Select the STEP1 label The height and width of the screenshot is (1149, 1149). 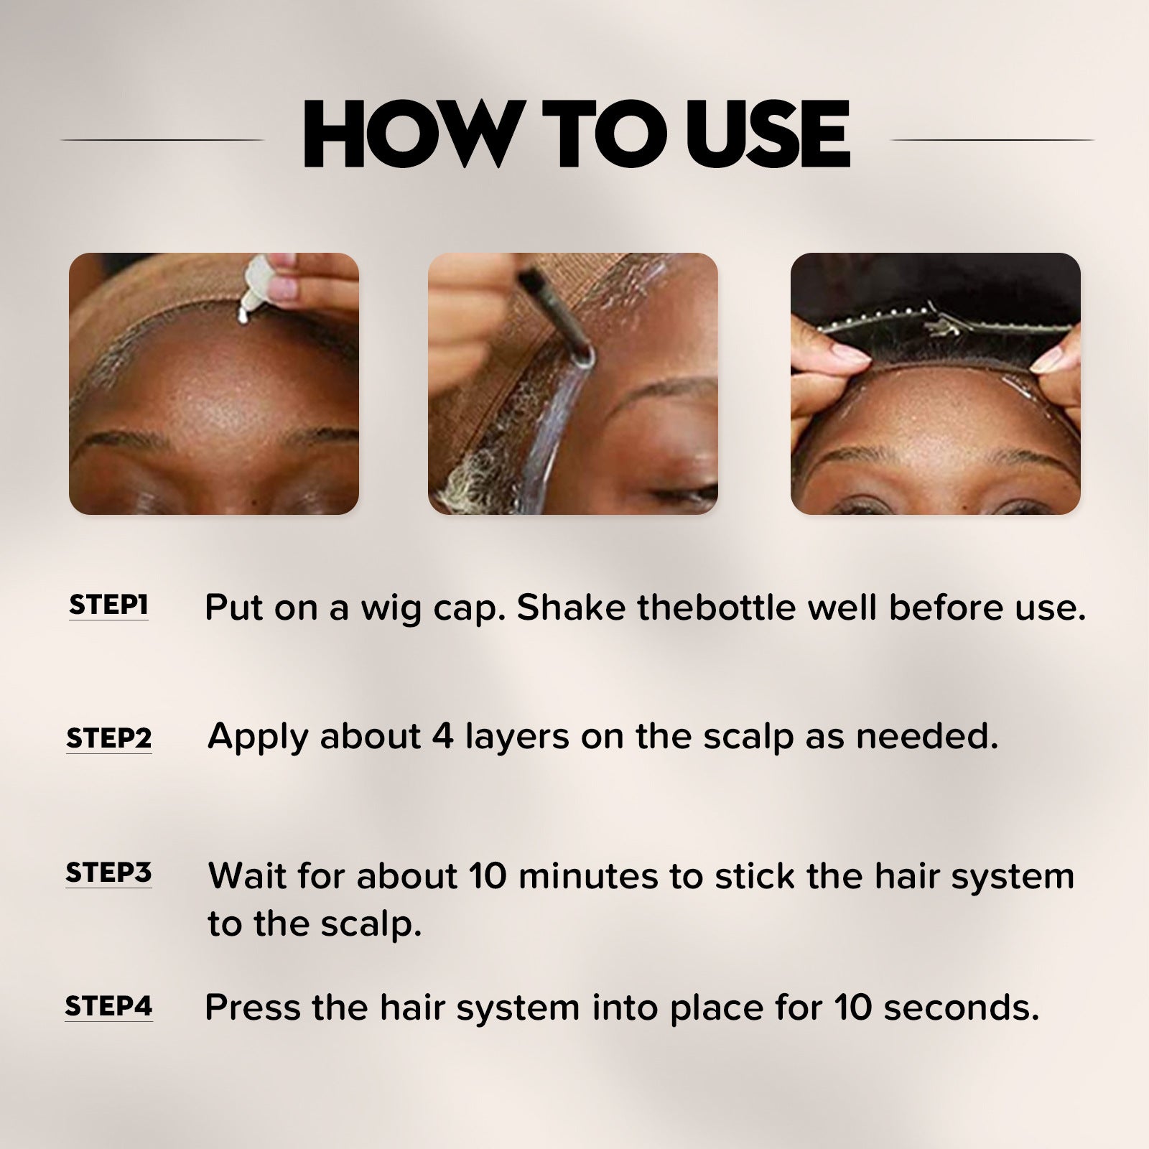pyautogui.click(x=108, y=605)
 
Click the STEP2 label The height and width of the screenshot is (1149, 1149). pyautogui.click(x=109, y=738)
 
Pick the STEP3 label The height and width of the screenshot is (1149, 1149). pyautogui.click(x=108, y=873)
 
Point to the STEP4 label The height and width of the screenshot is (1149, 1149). pyautogui.click(x=108, y=1006)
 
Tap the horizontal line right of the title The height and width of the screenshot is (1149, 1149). pyautogui.click(x=991, y=139)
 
